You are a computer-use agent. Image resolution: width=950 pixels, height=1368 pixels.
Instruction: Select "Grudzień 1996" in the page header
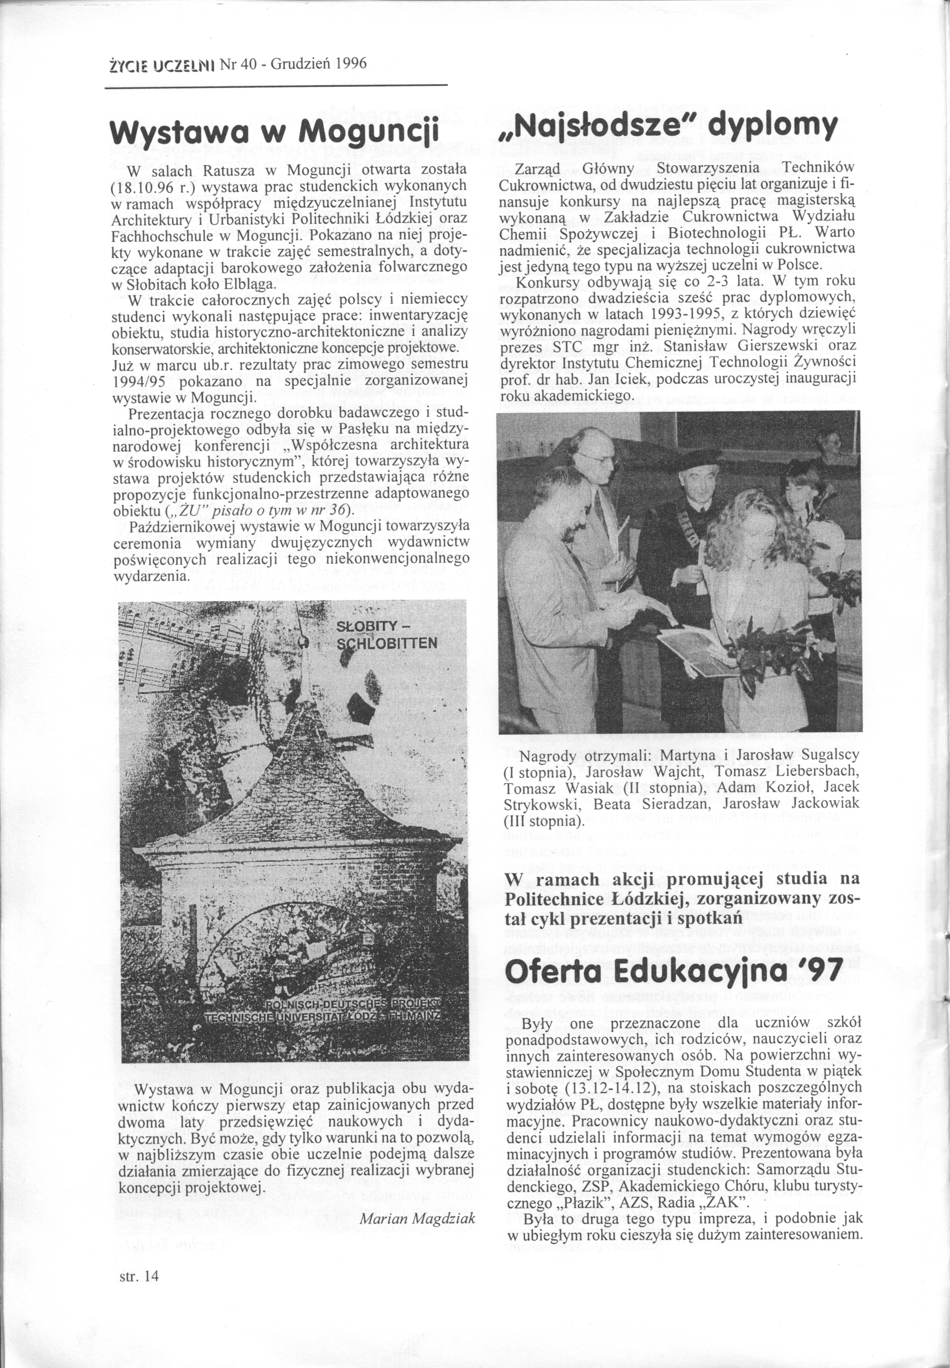(x=319, y=63)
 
